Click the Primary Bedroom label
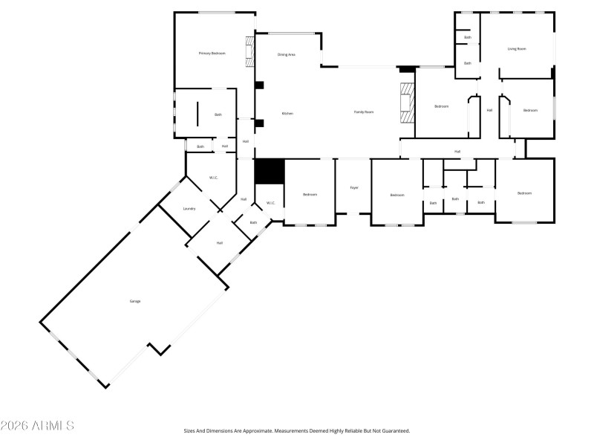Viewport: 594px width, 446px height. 212,54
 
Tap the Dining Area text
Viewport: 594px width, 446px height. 287,54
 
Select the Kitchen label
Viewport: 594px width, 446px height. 287,113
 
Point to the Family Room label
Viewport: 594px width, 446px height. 363,111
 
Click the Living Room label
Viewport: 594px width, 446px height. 517,49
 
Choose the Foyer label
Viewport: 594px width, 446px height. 354,187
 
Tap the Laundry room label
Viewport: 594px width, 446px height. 189,208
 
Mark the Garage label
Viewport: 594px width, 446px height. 135,301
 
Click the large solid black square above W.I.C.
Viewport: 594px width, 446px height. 270,171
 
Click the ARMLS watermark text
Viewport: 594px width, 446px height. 37,426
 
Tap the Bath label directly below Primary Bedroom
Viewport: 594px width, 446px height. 218,114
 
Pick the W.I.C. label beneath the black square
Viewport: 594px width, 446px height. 271,202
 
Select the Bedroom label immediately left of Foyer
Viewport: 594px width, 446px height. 310,194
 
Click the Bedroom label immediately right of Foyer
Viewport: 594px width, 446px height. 397,195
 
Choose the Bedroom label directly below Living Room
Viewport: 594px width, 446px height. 530,111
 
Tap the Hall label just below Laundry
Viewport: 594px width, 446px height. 220,242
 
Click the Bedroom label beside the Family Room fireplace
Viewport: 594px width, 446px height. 442,106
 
